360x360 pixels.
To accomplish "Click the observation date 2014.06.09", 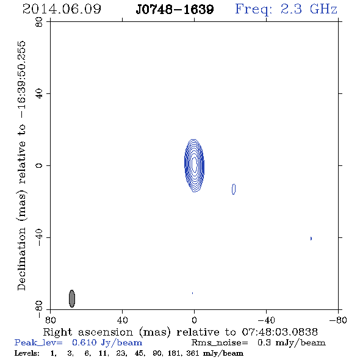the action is pyautogui.click(x=62, y=9).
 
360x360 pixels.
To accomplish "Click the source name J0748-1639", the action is pyautogui.click(x=175, y=10).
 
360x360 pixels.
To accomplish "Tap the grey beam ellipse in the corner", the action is pyautogui.click(x=72, y=298).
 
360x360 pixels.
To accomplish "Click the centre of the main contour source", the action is pyautogui.click(x=194, y=165).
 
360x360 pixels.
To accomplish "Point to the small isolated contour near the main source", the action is pyautogui.click(x=234, y=189).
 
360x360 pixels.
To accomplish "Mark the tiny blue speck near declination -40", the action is pyautogui.click(x=311, y=239).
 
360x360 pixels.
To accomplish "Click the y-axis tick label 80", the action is pyautogui.click(x=39, y=22).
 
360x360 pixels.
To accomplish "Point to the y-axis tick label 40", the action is pyautogui.click(x=39, y=94).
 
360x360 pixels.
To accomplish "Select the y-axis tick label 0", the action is pyautogui.click(x=39, y=165).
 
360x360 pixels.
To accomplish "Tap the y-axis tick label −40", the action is pyautogui.click(x=39, y=237).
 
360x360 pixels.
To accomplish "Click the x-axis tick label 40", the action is pyautogui.click(x=122, y=320).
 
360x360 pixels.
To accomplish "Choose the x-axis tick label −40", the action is pyautogui.click(x=266, y=320).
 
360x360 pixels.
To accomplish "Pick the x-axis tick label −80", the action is pyautogui.click(x=338, y=320).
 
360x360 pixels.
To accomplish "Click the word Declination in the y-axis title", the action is pyautogui.click(x=21, y=259).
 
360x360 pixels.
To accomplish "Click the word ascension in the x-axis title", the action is pyautogui.click(x=106, y=332).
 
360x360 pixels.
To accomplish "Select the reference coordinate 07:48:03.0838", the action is pyautogui.click(x=279, y=332).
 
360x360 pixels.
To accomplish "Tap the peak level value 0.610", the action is pyautogui.click(x=84, y=342).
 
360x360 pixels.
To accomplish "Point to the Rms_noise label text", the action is pyautogui.click(x=220, y=343).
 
